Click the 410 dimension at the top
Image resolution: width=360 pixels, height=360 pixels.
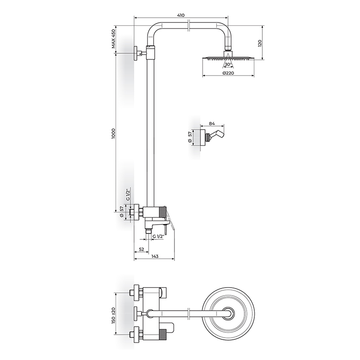[181, 15]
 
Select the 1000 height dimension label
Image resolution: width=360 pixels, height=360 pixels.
[113, 134]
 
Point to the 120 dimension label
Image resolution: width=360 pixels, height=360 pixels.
[260, 43]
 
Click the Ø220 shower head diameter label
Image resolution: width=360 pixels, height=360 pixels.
[228, 73]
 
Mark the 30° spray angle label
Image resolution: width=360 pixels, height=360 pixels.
[228, 64]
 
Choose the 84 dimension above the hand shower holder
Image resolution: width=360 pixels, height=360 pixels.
[212, 123]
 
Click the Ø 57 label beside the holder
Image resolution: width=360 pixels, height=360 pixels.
[190, 137]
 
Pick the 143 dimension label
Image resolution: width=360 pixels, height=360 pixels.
[155, 256]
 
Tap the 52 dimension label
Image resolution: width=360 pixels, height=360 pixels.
[141, 249]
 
